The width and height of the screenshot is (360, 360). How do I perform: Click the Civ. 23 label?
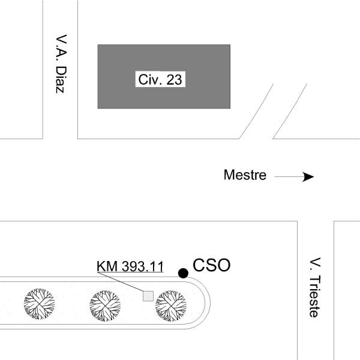click(160, 80)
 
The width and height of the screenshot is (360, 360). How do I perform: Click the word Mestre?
click(245, 175)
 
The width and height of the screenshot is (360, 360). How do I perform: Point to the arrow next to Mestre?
click(294, 177)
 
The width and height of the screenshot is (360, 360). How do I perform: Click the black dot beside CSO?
click(183, 274)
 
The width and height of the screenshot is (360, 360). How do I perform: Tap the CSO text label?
click(211, 265)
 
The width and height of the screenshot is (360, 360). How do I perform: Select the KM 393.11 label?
click(130, 267)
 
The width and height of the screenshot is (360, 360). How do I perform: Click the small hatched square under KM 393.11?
click(148, 295)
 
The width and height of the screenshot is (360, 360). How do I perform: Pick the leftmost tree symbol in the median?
click(39, 304)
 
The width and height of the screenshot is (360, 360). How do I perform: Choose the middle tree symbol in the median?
click(106, 304)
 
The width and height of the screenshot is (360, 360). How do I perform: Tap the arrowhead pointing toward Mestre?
click(308, 177)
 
